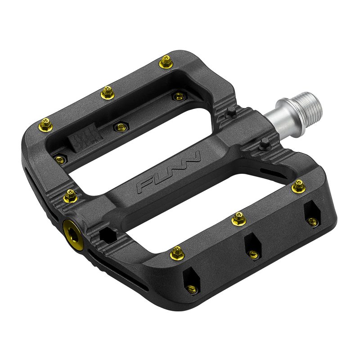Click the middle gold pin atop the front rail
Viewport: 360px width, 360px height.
click(238, 219)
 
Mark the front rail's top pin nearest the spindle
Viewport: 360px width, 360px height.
click(297, 184)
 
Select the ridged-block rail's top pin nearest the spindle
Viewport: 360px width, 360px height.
click(166, 60)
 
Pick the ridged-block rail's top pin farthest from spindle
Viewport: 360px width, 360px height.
click(45, 123)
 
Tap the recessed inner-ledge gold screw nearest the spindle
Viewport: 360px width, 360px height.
click(179, 96)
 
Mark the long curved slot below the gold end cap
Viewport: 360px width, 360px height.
click(117, 273)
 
